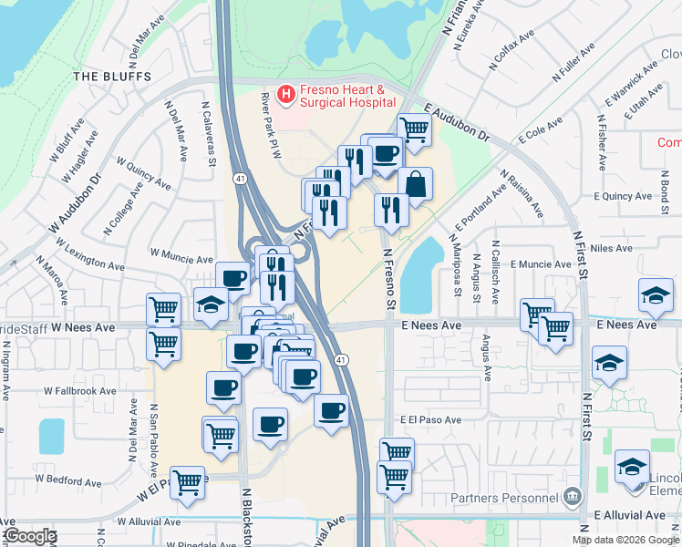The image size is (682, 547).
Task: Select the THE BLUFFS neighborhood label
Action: point(111,77)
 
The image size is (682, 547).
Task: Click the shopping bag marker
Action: point(415,183)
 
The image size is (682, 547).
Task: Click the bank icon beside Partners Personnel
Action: point(573,497)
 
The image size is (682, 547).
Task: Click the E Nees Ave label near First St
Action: point(626,325)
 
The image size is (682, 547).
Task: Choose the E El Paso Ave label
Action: point(430,420)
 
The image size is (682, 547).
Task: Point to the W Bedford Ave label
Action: point(68,478)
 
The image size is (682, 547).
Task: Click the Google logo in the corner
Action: point(29,537)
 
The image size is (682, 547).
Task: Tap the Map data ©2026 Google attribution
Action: point(625,540)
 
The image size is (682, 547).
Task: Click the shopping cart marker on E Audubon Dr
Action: point(414,129)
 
